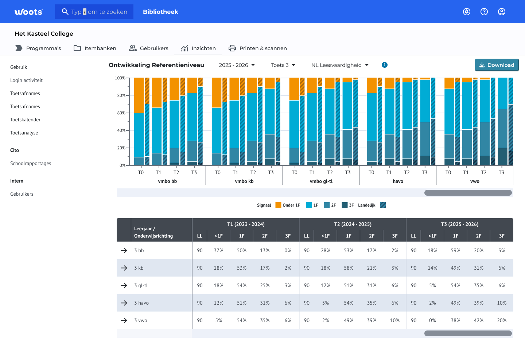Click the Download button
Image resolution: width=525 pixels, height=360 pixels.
(x=497, y=65)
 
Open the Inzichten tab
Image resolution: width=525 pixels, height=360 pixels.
(x=198, y=48)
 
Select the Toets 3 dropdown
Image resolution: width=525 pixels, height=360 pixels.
(x=283, y=65)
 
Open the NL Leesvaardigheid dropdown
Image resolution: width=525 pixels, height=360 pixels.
(x=340, y=65)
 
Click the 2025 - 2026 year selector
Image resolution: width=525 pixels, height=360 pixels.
(x=237, y=65)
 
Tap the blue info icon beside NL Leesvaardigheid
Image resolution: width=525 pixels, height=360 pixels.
(x=384, y=65)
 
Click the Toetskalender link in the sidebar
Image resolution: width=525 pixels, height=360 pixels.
(x=25, y=120)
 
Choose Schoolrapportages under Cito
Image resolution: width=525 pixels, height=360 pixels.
(x=31, y=163)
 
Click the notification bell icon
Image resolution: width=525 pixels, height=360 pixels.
(x=467, y=12)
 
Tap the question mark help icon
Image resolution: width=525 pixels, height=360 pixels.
(x=484, y=12)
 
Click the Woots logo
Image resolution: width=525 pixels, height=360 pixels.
(x=28, y=12)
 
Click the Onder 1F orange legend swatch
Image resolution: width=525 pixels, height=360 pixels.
(x=278, y=205)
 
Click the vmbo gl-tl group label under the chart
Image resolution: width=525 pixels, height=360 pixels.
(x=321, y=181)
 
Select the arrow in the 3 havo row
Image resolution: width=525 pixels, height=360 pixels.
(x=124, y=303)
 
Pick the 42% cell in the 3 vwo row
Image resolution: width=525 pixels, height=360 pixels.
(x=479, y=320)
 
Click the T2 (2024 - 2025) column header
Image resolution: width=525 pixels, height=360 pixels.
(x=353, y=224)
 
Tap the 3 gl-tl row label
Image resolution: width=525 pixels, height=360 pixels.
(x=141, y=285)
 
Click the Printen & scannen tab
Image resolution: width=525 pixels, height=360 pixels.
(x=258, y=48)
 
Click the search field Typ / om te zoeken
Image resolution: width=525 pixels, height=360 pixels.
(x=94, y=12)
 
